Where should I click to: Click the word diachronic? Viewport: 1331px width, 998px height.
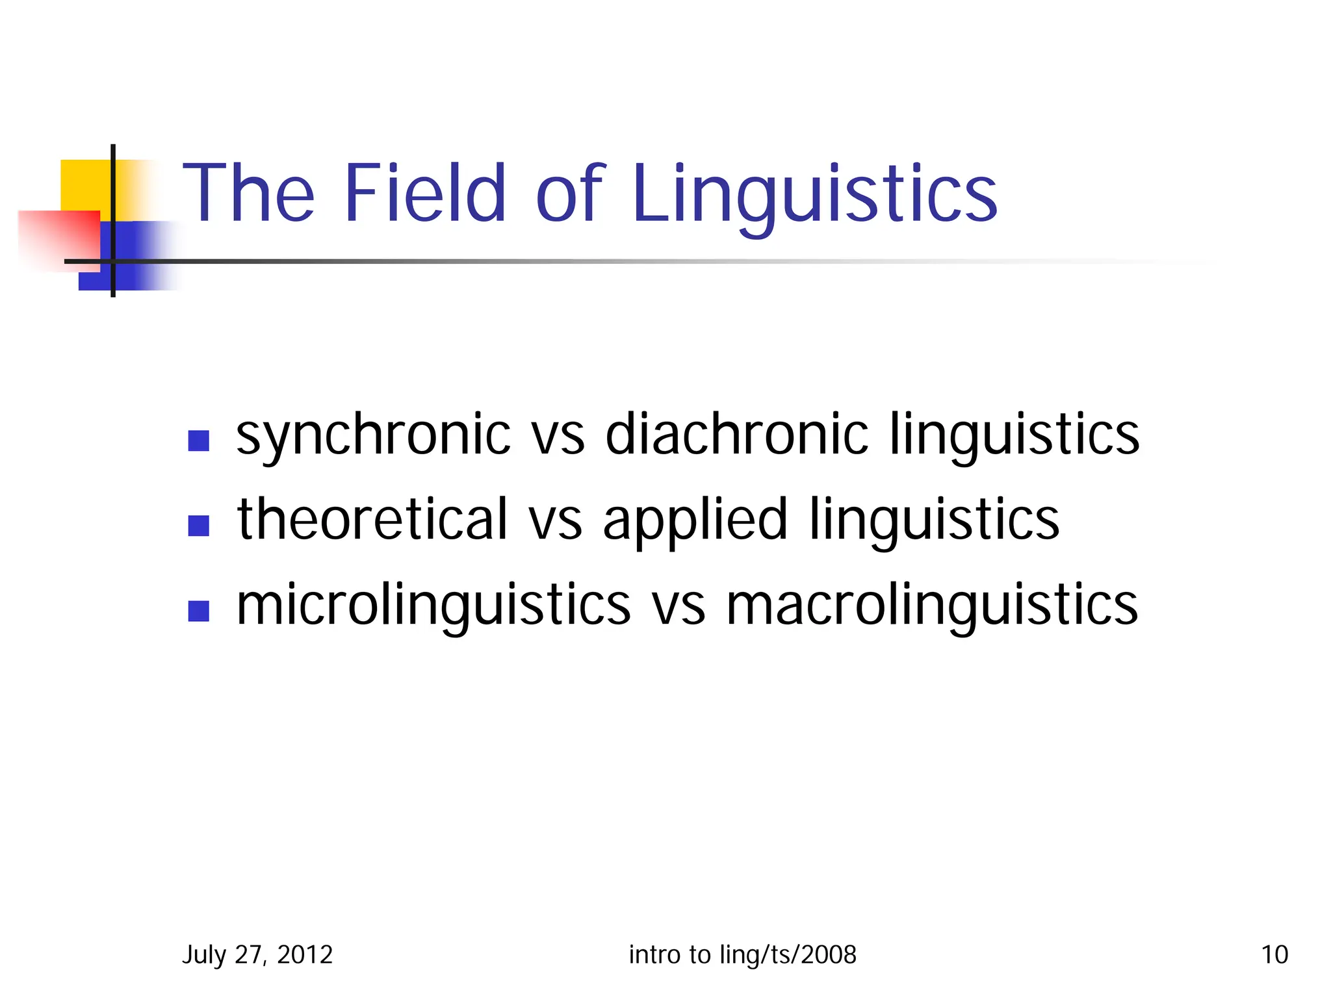pos(736,433)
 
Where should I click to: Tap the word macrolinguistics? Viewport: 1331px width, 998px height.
pos(932,606)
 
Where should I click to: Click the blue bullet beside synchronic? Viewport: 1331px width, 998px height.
pos(198,441)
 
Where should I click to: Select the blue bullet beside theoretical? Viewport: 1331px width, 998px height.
pos(198,526)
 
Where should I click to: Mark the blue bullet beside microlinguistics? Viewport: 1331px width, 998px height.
pos(198,611)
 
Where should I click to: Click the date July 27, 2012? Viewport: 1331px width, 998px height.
pos(257,954)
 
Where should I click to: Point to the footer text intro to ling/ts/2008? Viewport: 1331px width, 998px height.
pos(742,954)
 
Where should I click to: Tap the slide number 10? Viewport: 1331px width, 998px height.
pos(1274,954)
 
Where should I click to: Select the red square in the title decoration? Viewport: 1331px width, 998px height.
pos(58,237)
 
